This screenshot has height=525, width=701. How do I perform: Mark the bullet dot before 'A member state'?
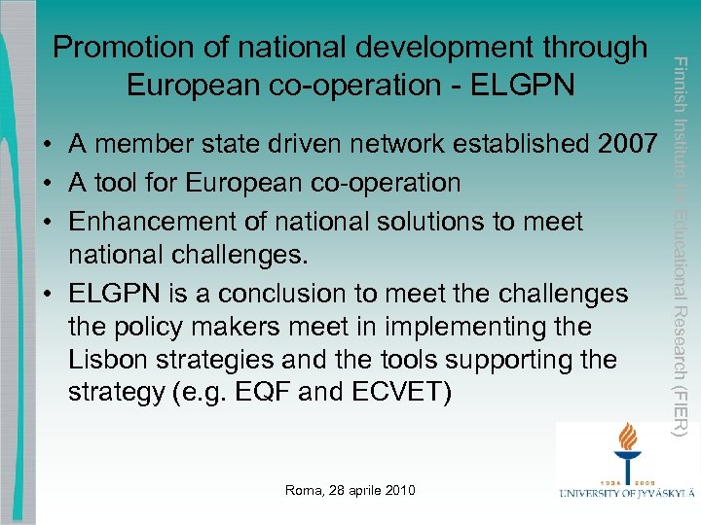pyautogui.click(x=48, y=147)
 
